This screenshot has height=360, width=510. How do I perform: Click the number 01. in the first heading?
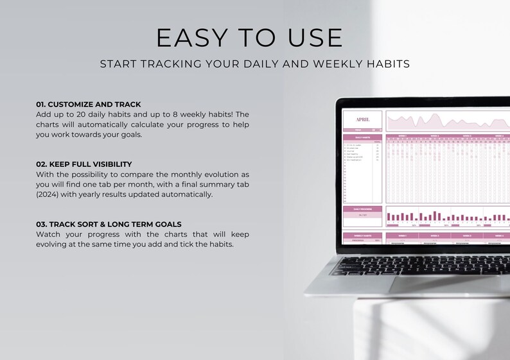coord(41,104)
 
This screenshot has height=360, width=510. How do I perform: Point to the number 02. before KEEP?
coord(42,164)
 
